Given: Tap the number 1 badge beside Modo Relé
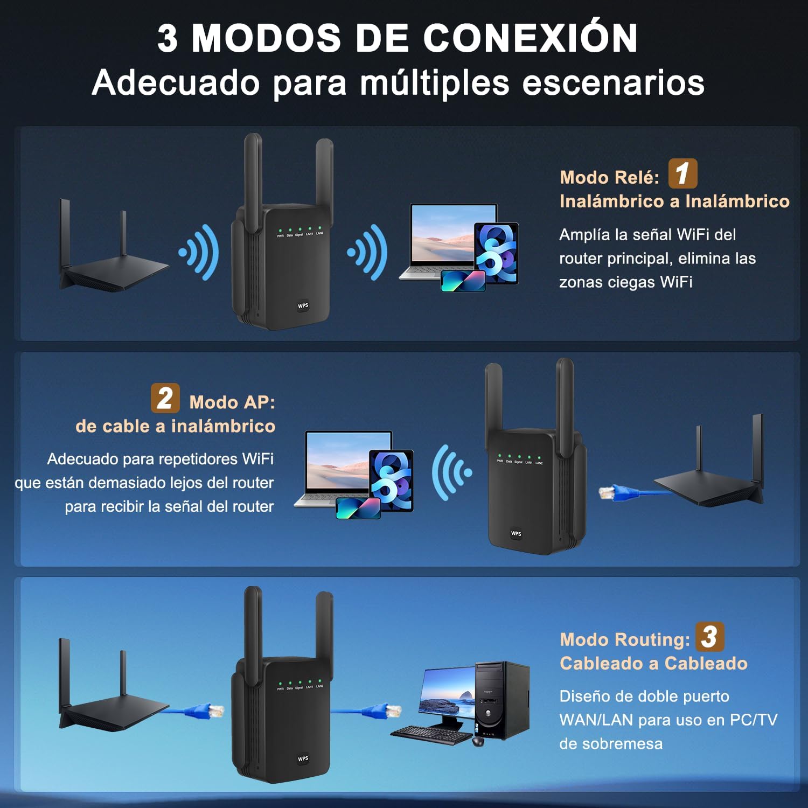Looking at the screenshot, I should pos(682,173).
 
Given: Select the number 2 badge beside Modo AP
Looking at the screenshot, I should pos(165,398).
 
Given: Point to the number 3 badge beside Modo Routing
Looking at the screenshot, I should pos(709,637).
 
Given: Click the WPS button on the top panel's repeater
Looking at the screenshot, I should pos(303,305).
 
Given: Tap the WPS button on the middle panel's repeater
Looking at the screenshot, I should pos(516,533).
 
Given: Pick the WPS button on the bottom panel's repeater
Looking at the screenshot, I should pos(303,758).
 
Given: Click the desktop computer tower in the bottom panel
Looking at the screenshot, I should pos(501,700).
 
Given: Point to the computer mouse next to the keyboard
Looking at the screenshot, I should pos(478,741).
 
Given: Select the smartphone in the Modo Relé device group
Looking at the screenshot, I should pos(463,281).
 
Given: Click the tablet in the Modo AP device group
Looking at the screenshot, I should pos(392,479).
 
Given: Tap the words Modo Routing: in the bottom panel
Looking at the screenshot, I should pos(624,639).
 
